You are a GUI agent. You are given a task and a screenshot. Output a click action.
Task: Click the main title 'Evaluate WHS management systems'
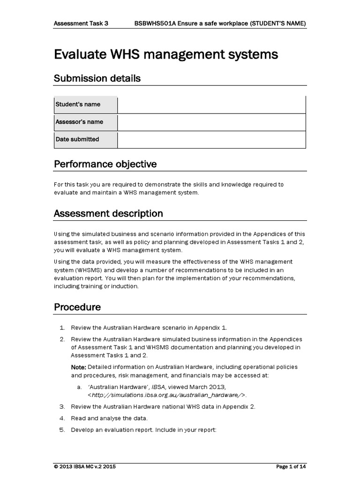click(x=166, y=55)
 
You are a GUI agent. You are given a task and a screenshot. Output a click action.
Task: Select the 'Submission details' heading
click(x=97, y=78)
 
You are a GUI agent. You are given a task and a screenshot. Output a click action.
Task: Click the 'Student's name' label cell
click(x=85, y=105)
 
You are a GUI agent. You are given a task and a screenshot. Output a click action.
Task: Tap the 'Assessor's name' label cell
click(x=85, y=122)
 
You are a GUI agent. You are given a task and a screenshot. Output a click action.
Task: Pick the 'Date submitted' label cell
click(x=85, y=139)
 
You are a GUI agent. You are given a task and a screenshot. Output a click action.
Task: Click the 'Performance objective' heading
click(x=105, y=164)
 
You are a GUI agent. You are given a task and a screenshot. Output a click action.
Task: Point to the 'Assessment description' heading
click(x=108, y=214)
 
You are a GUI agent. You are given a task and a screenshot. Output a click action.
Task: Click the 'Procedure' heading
click(x=77, y=307)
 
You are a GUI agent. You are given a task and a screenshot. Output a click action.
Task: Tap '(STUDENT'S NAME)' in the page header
click(x=278, y=22)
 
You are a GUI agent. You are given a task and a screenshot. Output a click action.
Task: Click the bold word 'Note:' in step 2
click(x=78, y=367)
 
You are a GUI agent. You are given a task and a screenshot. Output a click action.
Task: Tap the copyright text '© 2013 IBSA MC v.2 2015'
click(x=85, y=467)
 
